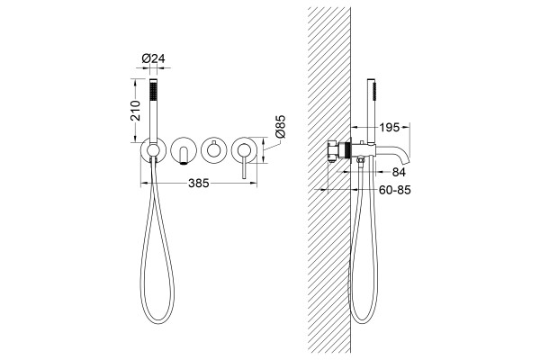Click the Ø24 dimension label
(x=153, y=58)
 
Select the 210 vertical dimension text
(x=136, y=110)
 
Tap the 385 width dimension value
(x=199, y=184)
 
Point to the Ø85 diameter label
(x=280, y=126)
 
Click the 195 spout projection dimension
(x=389, y=128)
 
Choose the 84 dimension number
(x=399, y=172)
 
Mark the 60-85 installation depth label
(x=395, y=190)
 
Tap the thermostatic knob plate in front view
(x=213, y=150)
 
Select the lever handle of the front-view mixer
(x=244, y=166)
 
